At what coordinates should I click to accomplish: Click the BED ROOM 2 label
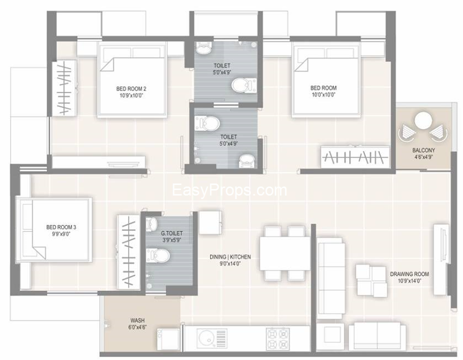[131, 89]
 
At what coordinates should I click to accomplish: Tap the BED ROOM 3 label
[61, 227]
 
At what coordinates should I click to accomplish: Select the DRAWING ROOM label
[409, 274]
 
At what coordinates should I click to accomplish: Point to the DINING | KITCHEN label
[230, 257]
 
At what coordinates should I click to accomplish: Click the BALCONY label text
[423, 150]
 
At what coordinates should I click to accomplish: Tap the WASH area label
[137, 320]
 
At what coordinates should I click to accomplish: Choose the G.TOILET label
[172, 233]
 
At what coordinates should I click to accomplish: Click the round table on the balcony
[423, 121]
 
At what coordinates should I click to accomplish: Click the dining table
[285, 253]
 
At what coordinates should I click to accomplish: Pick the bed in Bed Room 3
[54, 230]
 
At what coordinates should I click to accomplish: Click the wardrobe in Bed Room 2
[64, 88]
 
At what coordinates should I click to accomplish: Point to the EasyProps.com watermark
[229, 191]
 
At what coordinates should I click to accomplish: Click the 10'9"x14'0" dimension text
[409, 281]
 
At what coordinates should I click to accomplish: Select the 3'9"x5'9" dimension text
[172, 240]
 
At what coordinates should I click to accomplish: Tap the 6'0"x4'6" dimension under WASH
[137, 327]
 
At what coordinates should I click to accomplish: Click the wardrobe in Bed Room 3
[128, 252]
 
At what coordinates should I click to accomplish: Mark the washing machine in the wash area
[168, 339]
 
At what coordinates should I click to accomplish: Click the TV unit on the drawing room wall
[441, 259]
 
